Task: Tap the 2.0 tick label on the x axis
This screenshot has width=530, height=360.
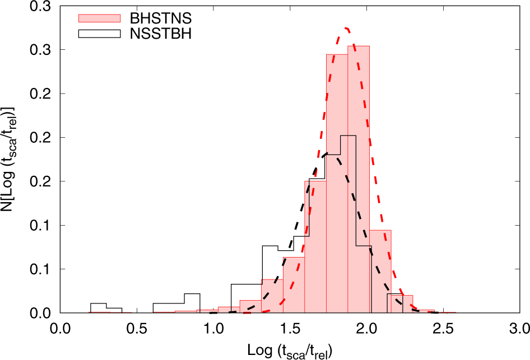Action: (368, 326)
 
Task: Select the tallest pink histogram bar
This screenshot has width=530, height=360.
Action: (359, 179)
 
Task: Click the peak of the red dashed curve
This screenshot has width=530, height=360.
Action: (347, 27)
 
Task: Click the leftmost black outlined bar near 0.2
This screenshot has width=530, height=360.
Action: (98, 308)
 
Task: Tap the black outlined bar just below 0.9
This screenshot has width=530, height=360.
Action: (192, 303)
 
